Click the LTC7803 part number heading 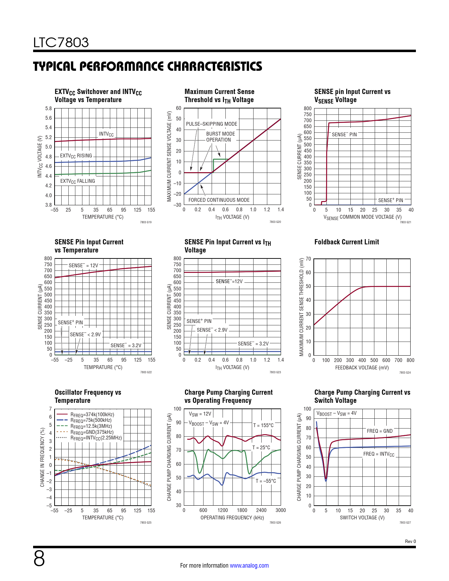61,43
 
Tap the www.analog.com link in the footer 249,566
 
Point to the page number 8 39,558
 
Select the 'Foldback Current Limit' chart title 347,242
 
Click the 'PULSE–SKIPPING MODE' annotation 211,124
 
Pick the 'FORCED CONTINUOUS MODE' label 219,200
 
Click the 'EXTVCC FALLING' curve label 77,181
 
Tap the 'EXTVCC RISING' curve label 76,156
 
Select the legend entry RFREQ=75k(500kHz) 91,420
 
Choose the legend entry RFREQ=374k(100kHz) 92,414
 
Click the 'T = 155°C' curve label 263,425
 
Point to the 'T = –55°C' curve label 266,481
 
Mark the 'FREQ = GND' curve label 379,431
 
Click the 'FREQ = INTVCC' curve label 379,454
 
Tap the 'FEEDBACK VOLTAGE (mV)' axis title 362,368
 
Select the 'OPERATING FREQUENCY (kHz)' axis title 232,518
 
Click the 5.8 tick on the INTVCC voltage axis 48,108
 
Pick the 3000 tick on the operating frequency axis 280,510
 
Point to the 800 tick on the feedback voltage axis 410,360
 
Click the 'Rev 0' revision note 410,541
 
